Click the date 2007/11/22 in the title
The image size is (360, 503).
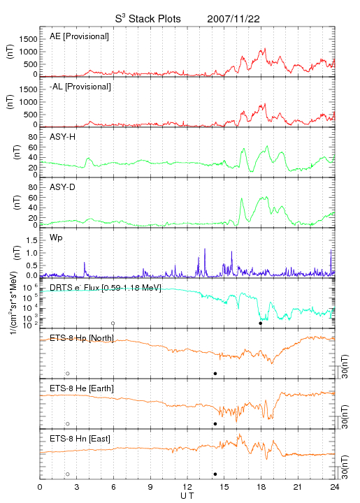(x=233, y=19)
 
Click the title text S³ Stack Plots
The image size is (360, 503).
(x=148, y=19)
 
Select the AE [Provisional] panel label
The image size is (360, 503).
(x=79, y=36)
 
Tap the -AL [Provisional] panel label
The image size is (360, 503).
(x=80, y=87)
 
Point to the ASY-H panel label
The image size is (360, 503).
(x=63, y=137)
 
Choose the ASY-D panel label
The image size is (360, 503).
(x=63, y=187)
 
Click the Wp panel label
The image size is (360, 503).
(x=56, y=238)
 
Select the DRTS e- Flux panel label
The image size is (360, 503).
(x=106, y=288)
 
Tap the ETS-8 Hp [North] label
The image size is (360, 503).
(x=82, y=338)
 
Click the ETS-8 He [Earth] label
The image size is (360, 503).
(x=82, y=388)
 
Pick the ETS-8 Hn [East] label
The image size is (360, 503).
(x=80, y=439)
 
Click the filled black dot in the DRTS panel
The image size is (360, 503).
(x=261, y=323)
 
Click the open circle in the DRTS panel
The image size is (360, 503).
(x=113, y=323)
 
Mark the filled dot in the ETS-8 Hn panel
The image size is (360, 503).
(x=215, y=474)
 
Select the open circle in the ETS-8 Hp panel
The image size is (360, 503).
(x=68, y=374)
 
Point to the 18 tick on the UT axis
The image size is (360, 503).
(x=261, y=487)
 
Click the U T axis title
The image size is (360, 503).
(x=187, y=496)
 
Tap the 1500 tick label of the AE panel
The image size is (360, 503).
(x=28, y=39)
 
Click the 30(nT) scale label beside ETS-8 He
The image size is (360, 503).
(x=345, y=417)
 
